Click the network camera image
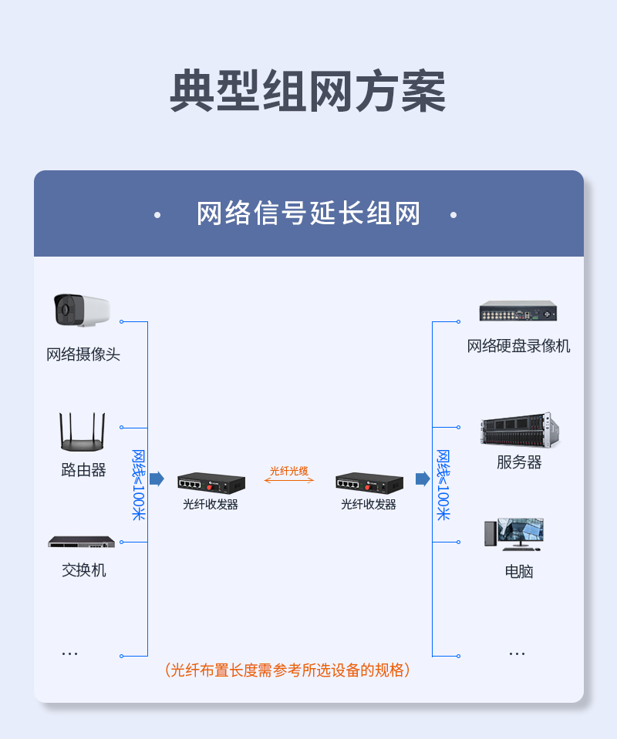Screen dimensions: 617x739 (82, 310)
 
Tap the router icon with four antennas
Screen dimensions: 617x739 (83, 432)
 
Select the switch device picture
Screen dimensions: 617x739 (82, 542)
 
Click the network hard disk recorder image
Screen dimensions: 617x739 (518, 311)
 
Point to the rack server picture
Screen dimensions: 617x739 (520, 430)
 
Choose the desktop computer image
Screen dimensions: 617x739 (514, 535)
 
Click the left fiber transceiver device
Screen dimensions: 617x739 (211, 482)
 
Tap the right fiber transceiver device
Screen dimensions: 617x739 (369, 482)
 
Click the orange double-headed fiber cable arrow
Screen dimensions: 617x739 (289, 480)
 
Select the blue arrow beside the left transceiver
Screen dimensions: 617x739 (157, 479)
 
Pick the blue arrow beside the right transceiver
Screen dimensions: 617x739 (423, 479)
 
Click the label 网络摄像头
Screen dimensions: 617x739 (83, 354)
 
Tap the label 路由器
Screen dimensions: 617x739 (83, 469)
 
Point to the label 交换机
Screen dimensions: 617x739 (83, 569)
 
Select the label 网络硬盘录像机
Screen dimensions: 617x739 (518, 346)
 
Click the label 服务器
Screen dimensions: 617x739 (519, 462)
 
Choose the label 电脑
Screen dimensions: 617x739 (519, 571)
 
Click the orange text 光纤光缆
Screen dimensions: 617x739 (289, 471)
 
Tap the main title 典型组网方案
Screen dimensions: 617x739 (308, 91)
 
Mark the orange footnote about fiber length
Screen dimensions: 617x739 (287, 670)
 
